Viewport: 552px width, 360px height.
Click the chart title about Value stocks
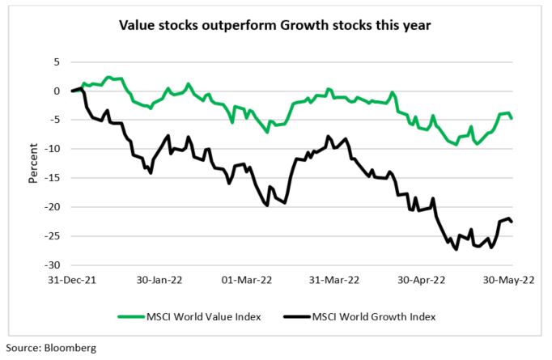coord(275,25)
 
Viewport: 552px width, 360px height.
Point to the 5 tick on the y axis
coord(56,61)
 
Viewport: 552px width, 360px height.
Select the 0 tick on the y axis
coord(56,91)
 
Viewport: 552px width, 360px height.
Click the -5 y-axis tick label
coord(54,120)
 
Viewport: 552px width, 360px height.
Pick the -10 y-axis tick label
coord(52,149)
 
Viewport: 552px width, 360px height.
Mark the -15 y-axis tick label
coord(52,178)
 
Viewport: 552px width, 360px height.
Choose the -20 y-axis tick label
coord(52,207)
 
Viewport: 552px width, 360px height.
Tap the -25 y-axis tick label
coord(52,236)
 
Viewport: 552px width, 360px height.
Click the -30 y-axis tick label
coord(52,265)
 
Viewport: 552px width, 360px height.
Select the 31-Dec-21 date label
coord(72,280)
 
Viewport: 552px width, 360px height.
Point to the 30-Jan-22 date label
coord(160,280)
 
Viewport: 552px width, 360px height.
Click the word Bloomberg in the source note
coord(70,349)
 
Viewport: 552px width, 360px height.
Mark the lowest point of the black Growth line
coord(456,249)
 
